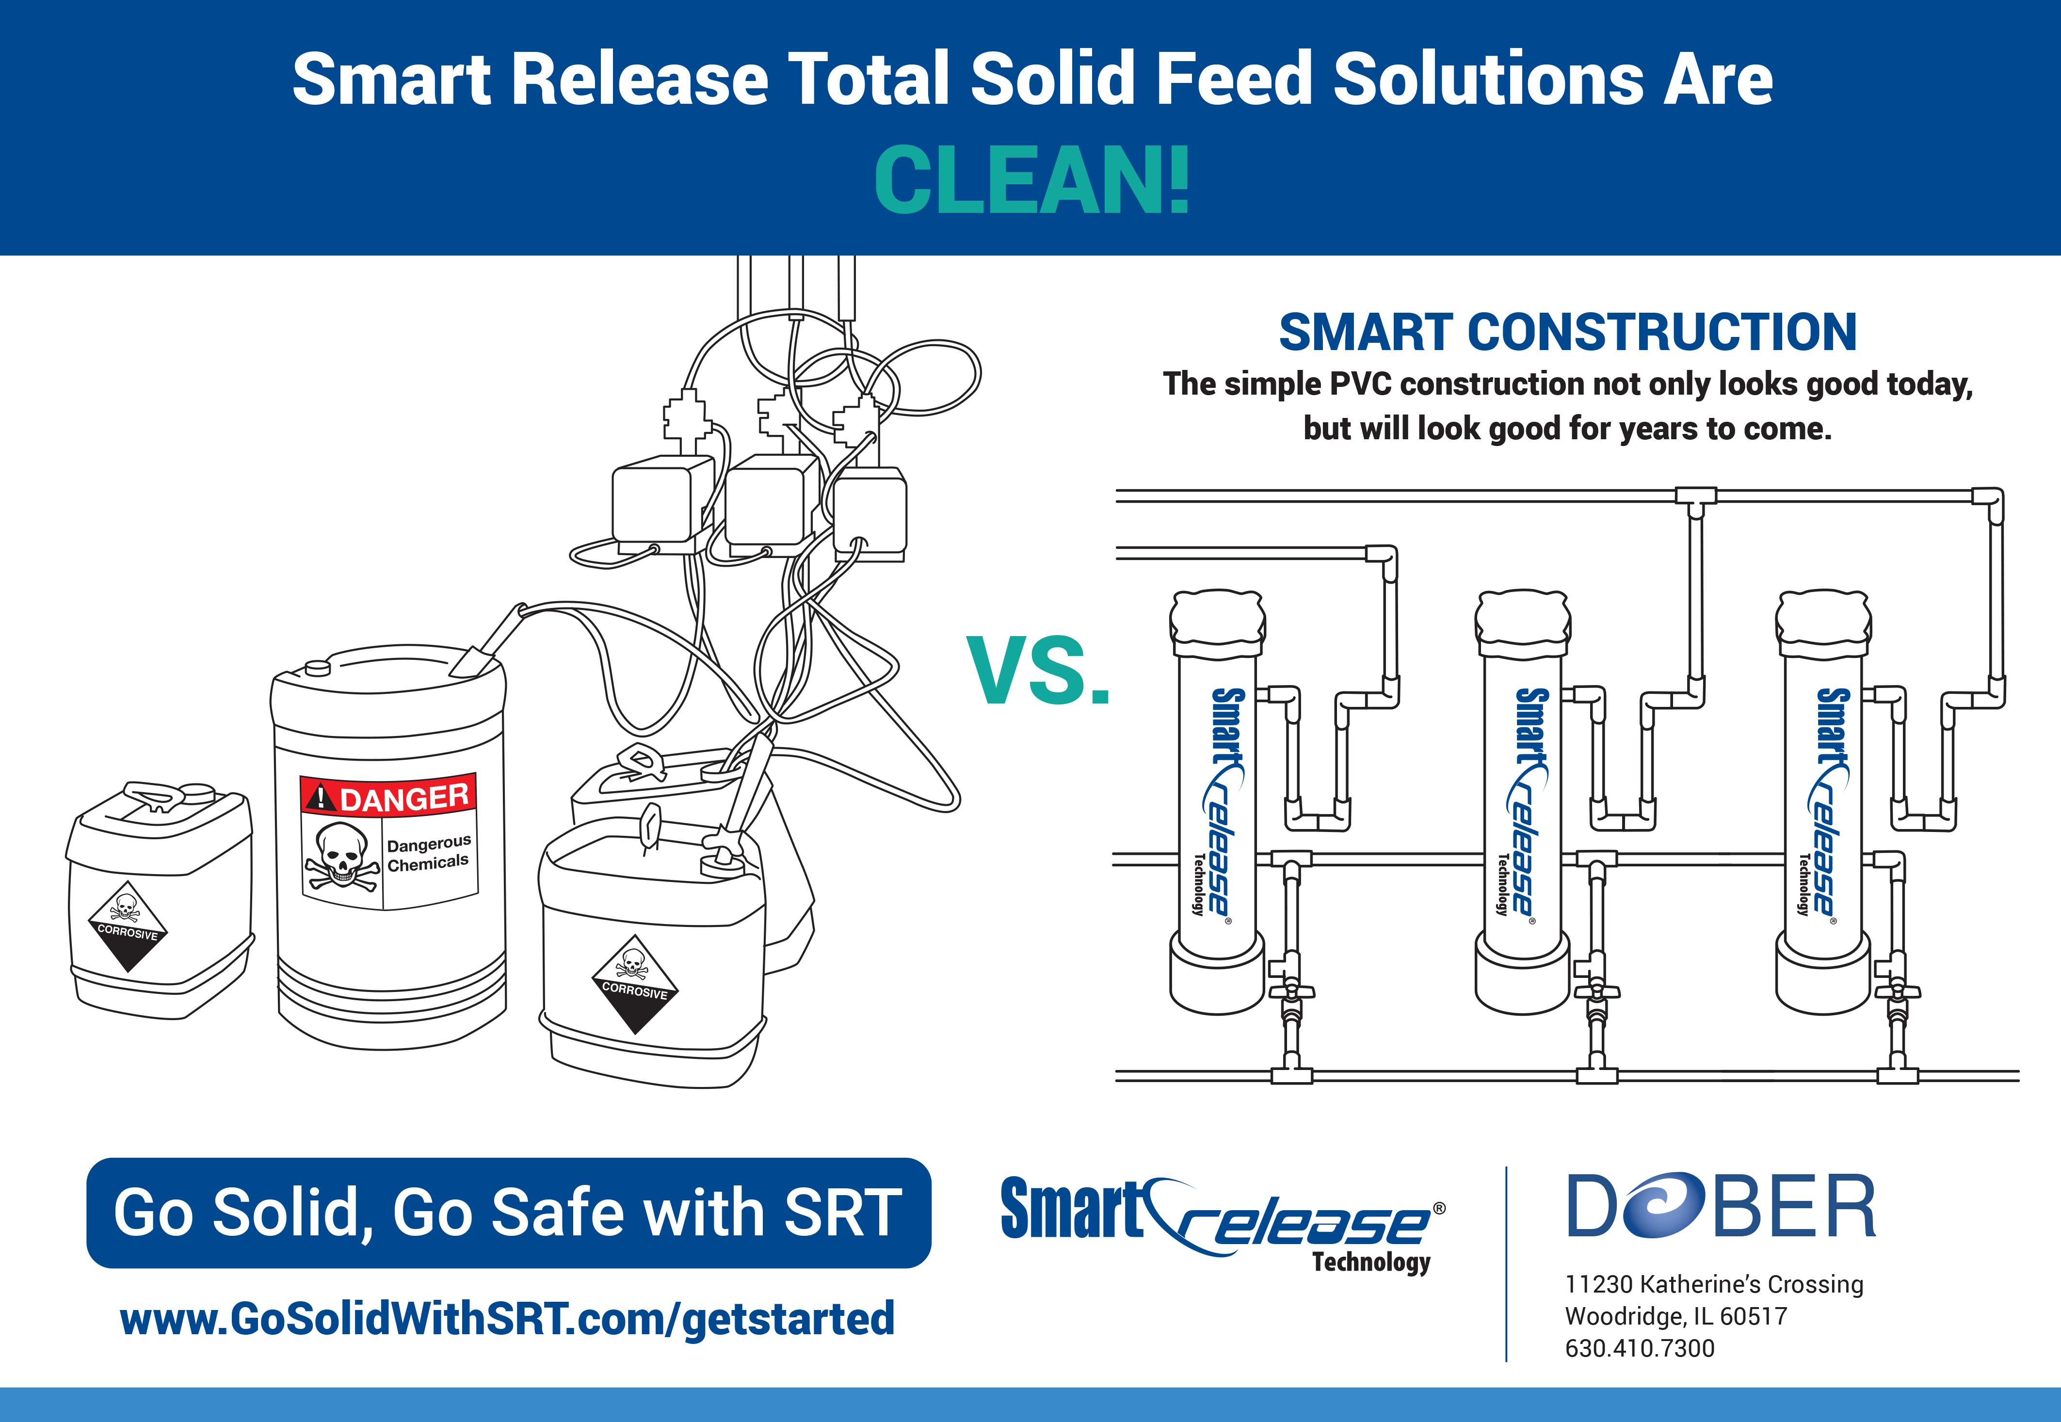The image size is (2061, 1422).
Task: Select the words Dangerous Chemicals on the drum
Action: point(429,853)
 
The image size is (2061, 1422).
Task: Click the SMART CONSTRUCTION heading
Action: point(1567,332)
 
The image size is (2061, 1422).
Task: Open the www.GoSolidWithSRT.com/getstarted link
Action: point(507,1319)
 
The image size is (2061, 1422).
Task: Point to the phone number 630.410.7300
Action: point(1640,1348)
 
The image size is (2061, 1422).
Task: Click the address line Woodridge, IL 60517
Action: point(1676,1316)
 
